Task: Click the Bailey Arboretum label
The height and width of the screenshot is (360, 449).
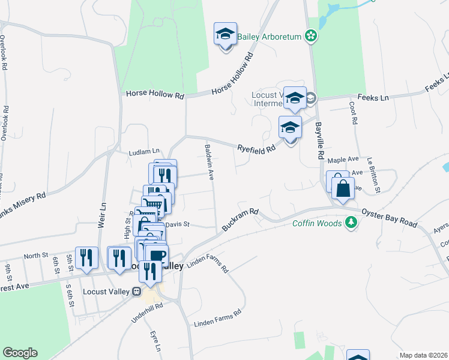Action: (x=269, y=37)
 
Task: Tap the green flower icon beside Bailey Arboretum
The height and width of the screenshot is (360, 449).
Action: (x=311, y=37)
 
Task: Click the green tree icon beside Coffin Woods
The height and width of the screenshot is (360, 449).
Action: (x=352, y=223)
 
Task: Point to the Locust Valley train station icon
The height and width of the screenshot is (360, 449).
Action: (x=137, y=292)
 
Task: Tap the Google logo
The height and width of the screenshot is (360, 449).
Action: (x=19, y=353)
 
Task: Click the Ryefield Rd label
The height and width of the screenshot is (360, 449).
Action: (x=256, y=147)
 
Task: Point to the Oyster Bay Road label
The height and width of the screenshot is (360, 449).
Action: (x=389, y=217)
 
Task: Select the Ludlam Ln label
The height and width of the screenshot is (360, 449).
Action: (x=145, y=152)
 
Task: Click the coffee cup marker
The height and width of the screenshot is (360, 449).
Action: (x=156, y=256)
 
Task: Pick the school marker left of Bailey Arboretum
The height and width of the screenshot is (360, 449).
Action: (x=225, y=35)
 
